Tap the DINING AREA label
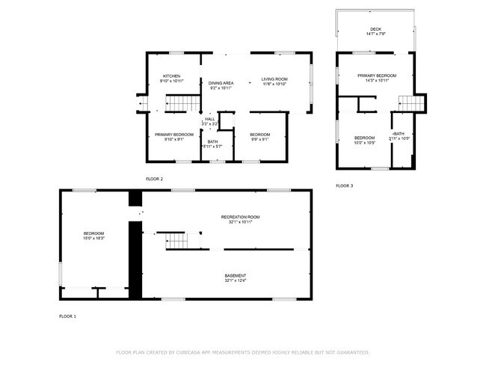tap(221, 83)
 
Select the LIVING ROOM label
tap(274, 79)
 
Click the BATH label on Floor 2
tap(213, 141)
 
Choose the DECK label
tap(375, 29)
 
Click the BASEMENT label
tap(236, 276)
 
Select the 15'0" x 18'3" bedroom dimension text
tap(93, 239)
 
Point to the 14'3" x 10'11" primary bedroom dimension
tap(377, 80)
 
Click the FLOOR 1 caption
tap(67, 316)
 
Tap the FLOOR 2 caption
tap(155, 180)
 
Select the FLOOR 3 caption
tap(344, 185)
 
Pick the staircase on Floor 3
tap(405, 102)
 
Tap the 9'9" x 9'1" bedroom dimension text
tap(259, 139)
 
